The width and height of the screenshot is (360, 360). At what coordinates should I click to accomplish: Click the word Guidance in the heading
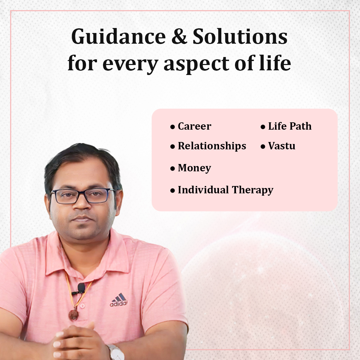118,37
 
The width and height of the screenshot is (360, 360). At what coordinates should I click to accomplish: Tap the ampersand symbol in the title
179,37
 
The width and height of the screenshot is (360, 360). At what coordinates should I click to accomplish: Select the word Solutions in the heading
240,37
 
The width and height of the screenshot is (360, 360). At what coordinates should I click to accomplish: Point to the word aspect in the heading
197,64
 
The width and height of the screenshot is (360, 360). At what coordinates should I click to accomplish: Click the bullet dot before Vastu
263,146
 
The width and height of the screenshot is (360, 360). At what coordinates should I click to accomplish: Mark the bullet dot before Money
173,169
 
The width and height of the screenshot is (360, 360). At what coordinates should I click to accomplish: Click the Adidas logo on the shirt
118,300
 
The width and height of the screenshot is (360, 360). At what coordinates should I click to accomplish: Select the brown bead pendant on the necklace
74,315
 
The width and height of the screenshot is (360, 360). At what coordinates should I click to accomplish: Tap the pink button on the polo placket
82,306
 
